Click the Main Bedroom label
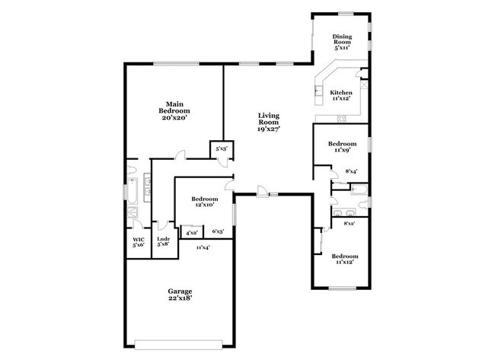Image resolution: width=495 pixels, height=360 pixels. point(173,110)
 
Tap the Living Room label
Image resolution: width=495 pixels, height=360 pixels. point(269,122)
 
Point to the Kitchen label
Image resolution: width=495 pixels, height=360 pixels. point(340,95)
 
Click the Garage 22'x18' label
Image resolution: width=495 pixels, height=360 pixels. point(180,295)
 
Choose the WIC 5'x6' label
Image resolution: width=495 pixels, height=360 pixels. point(138,241)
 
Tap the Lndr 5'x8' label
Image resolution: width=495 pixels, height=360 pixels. point(163,241)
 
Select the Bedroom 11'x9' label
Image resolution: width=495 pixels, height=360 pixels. point(342,147)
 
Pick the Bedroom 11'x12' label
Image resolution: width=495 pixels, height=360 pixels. point(344,260)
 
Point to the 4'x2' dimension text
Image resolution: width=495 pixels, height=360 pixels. point(191,232)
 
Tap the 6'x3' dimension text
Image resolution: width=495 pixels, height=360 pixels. point(217,232)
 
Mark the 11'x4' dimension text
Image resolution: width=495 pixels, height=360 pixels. point(203,247)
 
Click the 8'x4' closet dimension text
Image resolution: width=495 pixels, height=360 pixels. point(352,172)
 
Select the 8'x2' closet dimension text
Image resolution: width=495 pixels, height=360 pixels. point(350,223)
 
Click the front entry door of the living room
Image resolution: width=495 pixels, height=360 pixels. point(262,193)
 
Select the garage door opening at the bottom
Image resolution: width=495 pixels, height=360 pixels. point(180,339)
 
